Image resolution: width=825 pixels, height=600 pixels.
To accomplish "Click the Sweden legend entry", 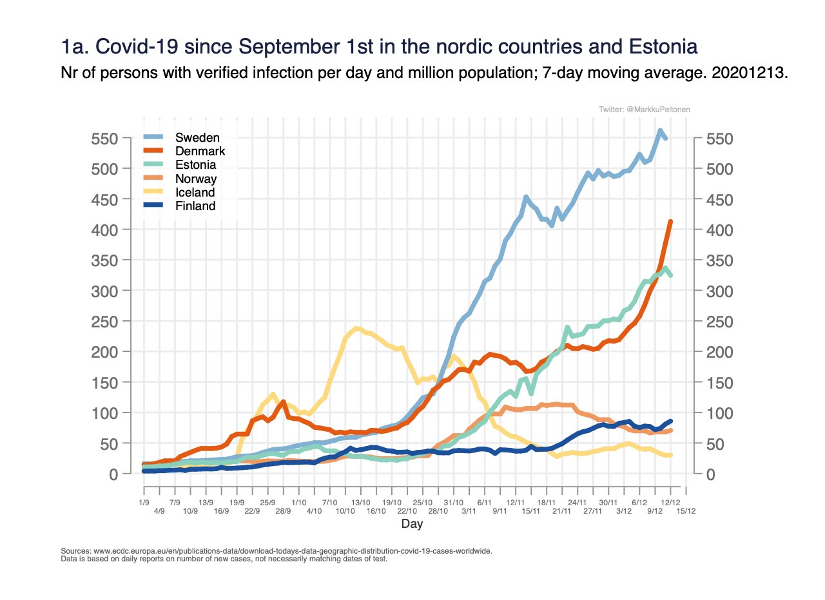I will [198, 137].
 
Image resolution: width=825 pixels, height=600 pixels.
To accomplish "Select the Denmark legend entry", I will [200, 151].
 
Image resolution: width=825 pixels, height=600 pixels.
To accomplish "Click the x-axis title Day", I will [412, 524].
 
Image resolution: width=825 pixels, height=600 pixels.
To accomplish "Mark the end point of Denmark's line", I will [670, 222].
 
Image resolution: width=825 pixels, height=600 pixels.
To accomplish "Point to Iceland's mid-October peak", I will [356, 329].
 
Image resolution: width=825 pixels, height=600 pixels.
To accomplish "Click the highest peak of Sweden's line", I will [661, 131].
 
